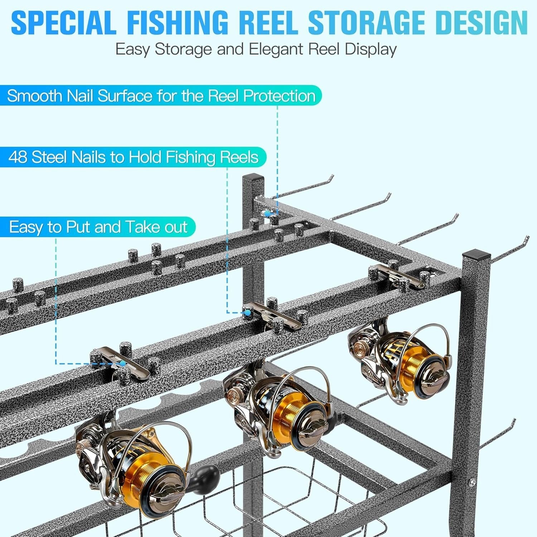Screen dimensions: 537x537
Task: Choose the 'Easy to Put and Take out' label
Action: [98, 227]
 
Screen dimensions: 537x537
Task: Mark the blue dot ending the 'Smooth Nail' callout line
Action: [267, 214]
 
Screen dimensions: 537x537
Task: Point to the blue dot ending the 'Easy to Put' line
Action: [123, 363]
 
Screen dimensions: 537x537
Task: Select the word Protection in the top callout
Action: [279, 96]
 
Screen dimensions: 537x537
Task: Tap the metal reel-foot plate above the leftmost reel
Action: [120, 362]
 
